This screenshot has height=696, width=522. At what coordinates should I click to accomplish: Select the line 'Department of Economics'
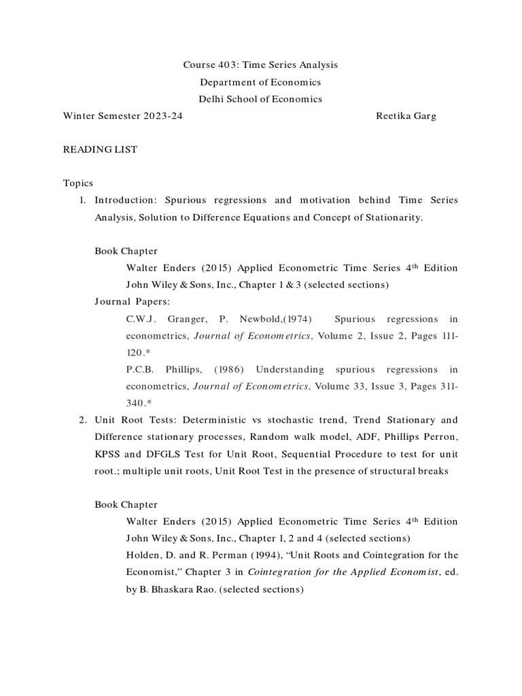pyautogui.click(x=260, y=82)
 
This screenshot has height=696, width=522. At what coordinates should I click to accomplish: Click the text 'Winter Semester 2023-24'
pyautogui.click(x=122, y=116)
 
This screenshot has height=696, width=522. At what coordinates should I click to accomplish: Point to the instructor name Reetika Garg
pyautogui.click(x=406, y=116)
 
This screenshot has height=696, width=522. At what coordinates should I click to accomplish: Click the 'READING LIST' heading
pyautogui.click(x=100, y=150)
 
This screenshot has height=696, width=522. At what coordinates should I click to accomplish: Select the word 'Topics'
pyautogui.click(x=78, y=184)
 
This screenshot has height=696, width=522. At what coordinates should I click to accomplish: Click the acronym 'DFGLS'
pyautogui.click(x=168, y=453)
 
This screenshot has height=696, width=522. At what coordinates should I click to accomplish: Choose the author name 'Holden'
pyautogui.click(x=143, y=555)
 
